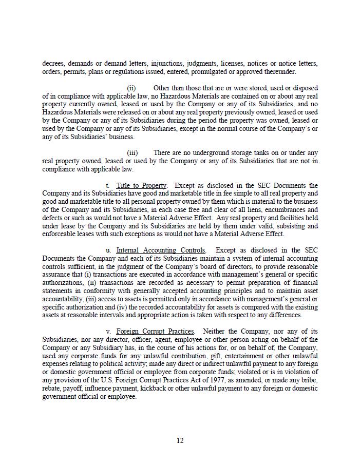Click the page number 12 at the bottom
tap(180, 440)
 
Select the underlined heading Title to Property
tap(142, 185)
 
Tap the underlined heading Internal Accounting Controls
tap(161, 250)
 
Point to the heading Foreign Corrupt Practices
tap(155, 332)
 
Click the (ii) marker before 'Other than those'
tap(131, 88)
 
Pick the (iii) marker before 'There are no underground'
tap(132, 153)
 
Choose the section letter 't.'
tap(108, 185)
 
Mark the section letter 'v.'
tap(108, 332)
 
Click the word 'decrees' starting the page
tap(53, 64)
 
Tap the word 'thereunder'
tap(280, 72)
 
